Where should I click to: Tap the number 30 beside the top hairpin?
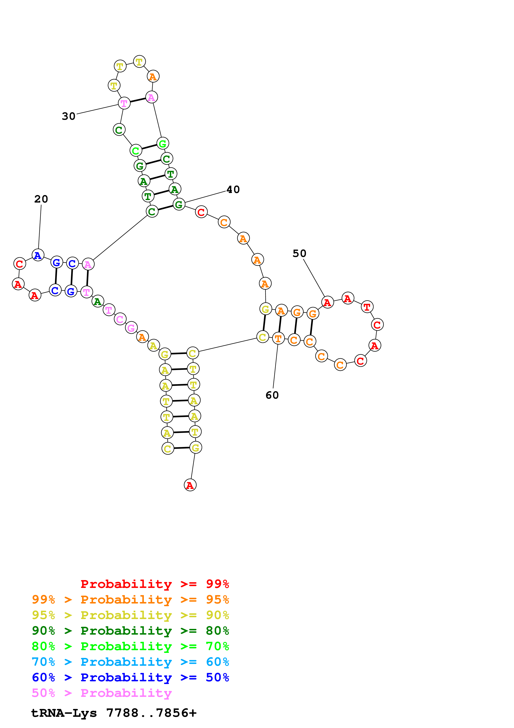coord(68,116)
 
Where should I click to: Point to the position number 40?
coord(233,190)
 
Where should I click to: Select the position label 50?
coord(299,253)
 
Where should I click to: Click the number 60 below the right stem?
coord(272,395)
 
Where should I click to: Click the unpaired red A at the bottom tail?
coord(190,485)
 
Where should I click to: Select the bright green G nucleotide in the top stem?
coord(163,143)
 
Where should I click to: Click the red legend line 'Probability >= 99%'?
coord(154,584)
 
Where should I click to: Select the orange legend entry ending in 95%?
coord(130,600)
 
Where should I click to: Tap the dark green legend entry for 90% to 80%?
coord(130,631)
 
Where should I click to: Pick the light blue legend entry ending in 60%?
coord(130,662)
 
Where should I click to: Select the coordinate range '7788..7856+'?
coord(151,713)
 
